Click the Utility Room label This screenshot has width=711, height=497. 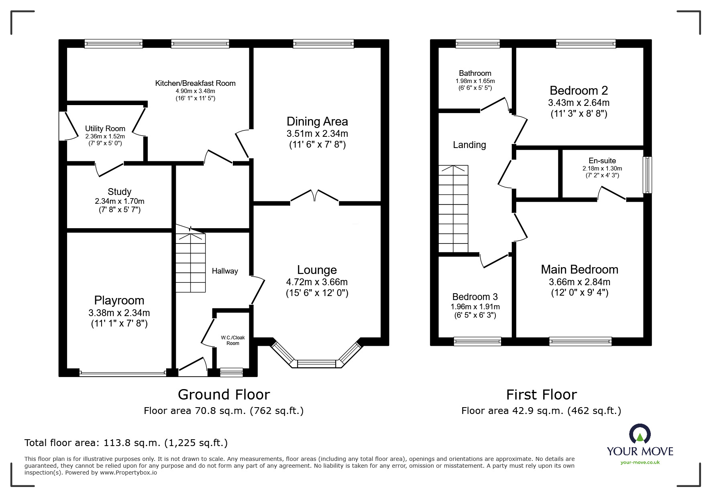(x=105, y=129)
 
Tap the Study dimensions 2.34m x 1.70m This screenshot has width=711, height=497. (x=120, y=201)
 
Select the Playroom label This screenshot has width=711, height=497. (x=119, y=300)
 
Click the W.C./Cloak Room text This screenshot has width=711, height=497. (x=233, y=341)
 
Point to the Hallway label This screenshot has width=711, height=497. (x=225, y=271)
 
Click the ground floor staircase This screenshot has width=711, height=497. (x=191, y=263)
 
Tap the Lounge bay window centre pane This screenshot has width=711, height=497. (x=316, y=364)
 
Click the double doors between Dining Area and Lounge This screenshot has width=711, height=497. (x=315, y=197)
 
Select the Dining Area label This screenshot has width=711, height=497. (x=317, y=122)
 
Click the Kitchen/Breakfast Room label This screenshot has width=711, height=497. (x=196, y=83)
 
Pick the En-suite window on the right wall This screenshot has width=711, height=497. (x=647, y=175)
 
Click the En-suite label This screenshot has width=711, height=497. (x=602, y=161)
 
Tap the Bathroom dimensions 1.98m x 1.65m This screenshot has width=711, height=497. (x=475, y=81)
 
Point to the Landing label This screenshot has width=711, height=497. (x=469, y=145)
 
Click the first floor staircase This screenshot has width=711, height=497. (x=453, y=209)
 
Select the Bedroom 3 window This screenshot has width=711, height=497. (x=477, y=341)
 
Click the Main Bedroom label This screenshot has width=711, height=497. (x=579, y=270)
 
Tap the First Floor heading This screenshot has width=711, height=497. (x=541, y=395)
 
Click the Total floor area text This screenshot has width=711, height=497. (x=126, y=443)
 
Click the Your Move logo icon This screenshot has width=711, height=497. (x=640, y=434)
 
